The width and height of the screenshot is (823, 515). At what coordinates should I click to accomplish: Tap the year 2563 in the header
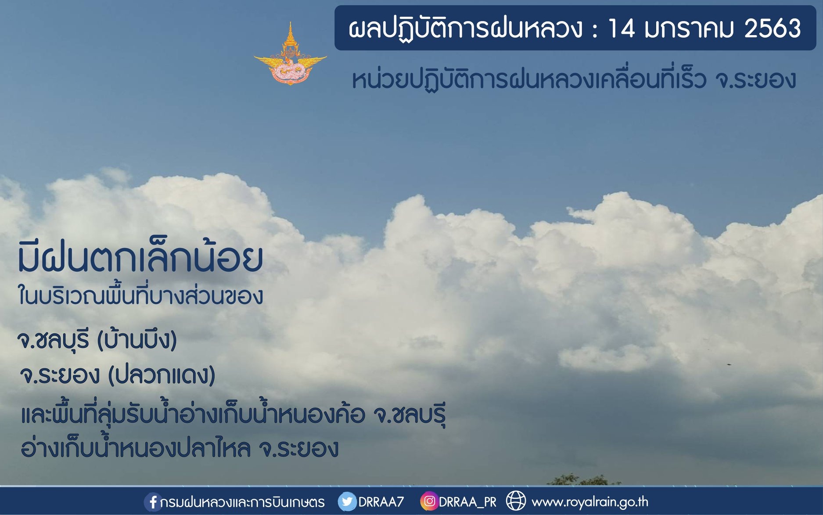tap(773, 29)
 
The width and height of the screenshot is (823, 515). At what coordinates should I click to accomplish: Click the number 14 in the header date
tap(621, 29)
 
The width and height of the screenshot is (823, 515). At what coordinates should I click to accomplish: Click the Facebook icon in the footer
tap(152, 502)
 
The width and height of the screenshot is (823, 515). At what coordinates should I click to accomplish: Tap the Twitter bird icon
tap(347, 501)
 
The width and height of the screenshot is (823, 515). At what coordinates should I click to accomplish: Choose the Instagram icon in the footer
tap(429, 501)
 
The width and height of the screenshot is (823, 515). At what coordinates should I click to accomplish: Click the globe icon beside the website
tap(516, 501)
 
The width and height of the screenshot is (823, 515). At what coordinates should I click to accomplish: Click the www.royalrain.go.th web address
tap(589, 501)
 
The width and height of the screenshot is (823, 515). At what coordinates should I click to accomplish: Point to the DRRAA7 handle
tap(381, 502)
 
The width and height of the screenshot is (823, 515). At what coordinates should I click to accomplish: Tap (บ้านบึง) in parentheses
tap(137, 339)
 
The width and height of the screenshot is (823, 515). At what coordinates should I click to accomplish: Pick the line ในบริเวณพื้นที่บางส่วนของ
tap(140, 295)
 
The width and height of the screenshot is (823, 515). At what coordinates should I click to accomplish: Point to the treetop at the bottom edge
tap(579, 479)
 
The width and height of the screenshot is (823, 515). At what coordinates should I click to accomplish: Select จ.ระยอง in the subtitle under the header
tap(755, 79)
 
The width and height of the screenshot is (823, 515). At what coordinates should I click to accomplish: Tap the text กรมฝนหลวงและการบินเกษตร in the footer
tap(243, 502)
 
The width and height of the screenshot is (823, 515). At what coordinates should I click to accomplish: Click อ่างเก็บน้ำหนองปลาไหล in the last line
tap(136, 447)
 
